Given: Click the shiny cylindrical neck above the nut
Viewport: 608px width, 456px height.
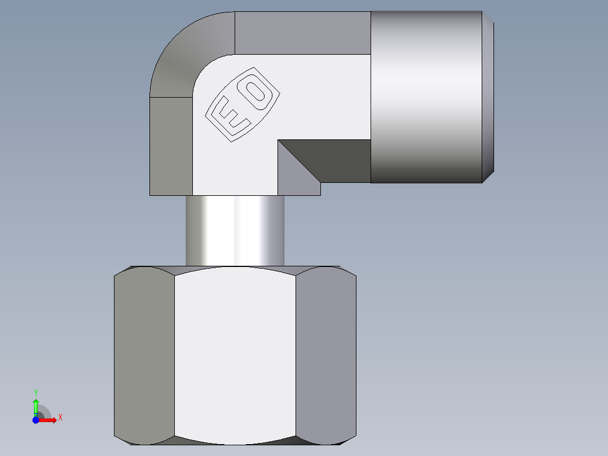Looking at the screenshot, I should click(x=235, y=230).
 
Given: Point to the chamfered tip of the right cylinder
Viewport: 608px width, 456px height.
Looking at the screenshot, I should click(x=488, y=97).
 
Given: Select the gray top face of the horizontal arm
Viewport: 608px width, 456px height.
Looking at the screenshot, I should click(x=302, y=32).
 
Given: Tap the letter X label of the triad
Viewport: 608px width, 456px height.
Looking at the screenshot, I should click(x=60, y=418).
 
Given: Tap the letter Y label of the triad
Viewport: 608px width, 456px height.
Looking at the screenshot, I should click(x=36, y=392).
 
